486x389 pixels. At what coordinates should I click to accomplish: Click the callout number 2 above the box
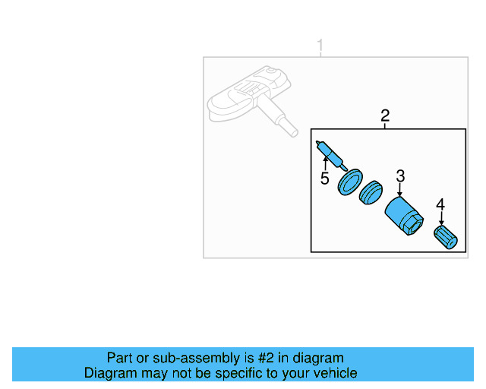click(385, 115)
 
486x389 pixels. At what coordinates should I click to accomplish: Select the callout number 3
click(400, 176)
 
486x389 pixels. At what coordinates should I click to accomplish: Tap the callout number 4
click(440, 204)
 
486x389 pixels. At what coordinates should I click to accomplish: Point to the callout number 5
click(324, 179)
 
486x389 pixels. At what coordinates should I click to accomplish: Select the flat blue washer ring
click(350, 185)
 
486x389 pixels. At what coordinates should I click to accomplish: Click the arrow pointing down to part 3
click(400, 191)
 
